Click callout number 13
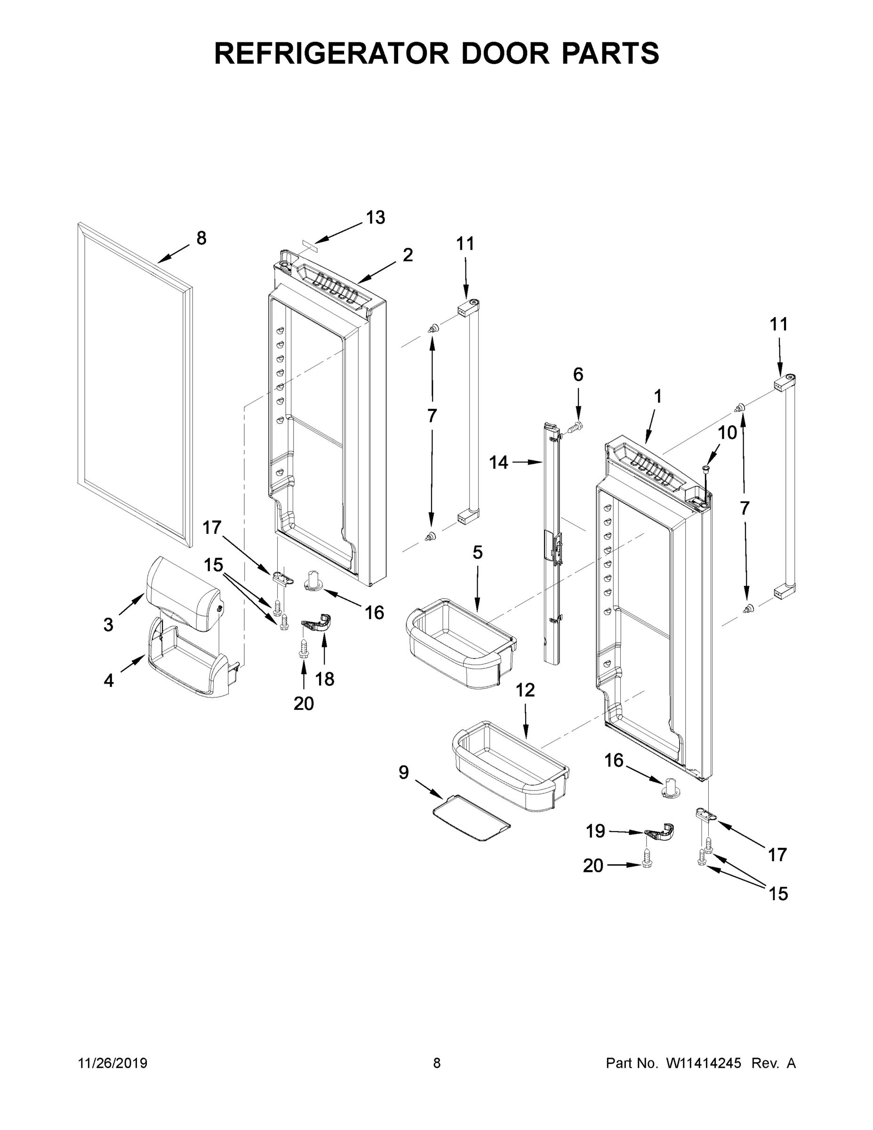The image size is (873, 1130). (x=376, y=218)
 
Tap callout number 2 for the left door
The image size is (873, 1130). (x=408, y=255)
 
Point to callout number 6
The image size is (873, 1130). (x=578, y=374)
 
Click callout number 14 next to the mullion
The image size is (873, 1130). (x=498, y=462)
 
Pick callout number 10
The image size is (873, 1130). (x=728, y=433)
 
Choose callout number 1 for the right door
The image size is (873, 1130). (x=657, y=397)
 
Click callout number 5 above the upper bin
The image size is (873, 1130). (x=477, y=553)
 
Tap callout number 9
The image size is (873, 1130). (x=404, y=773)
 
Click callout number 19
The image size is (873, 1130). (x=595, y=831)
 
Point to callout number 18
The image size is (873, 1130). (x=325, y=678)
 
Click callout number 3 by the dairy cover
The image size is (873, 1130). (x=108, y=624)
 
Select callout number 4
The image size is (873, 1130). (x=109, y=680)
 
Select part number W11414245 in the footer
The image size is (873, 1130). (x=704, y=1063)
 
